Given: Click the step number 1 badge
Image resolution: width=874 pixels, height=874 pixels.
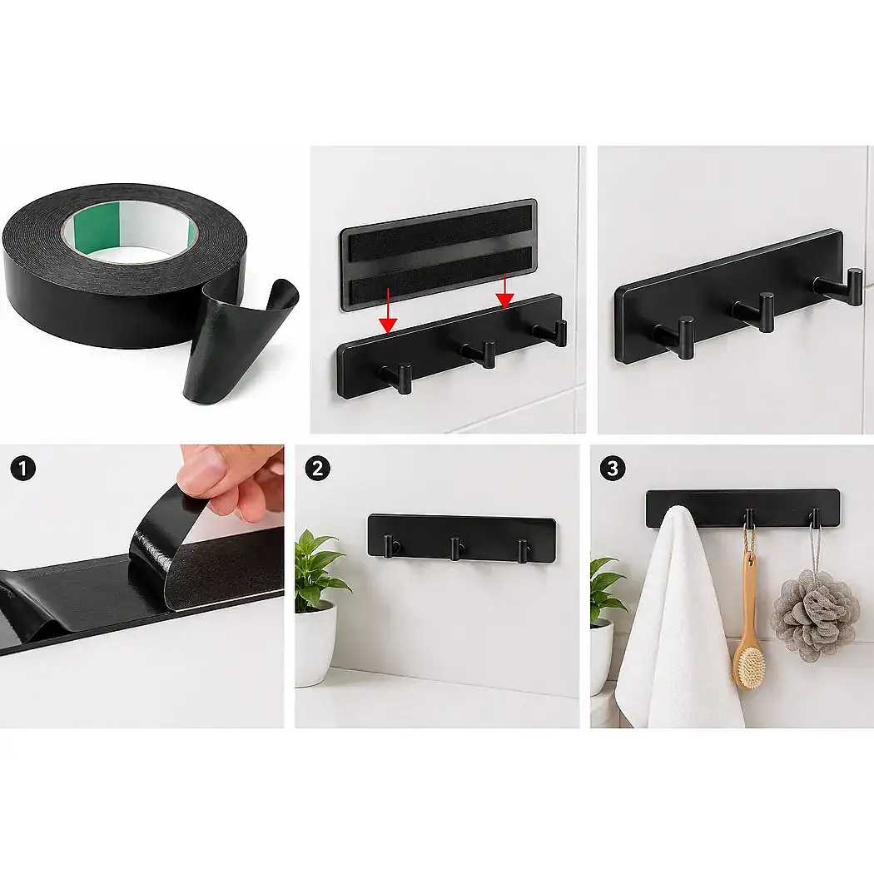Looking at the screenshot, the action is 22,468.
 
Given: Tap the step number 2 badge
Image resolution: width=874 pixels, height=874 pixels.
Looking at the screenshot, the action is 317,468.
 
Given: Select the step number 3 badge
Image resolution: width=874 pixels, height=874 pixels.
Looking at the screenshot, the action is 612,468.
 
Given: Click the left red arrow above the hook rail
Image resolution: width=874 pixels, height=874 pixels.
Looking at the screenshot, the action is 388,312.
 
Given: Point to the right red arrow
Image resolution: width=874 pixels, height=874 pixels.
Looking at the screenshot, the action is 504,291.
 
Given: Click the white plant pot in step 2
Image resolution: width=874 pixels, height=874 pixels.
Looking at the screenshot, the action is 316,644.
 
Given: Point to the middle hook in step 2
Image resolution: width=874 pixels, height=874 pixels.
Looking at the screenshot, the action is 456,548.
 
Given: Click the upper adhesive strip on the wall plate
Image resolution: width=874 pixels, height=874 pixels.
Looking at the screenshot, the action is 440,232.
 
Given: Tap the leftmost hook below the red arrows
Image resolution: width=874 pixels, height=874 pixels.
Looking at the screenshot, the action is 397,377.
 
